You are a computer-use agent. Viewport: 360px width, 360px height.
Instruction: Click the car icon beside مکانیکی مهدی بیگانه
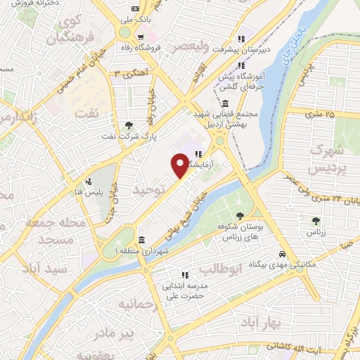281,254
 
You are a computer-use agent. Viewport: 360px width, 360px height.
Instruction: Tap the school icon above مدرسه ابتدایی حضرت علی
184,275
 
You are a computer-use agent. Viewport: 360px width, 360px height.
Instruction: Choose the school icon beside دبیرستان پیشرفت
241,39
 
